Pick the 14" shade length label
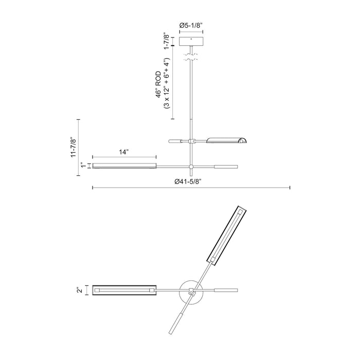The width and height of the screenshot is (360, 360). (123, 152)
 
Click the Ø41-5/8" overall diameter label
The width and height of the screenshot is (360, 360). (191, 181)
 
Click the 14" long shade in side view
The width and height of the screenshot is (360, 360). (124, 166)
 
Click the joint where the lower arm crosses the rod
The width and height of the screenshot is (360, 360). (191, 166)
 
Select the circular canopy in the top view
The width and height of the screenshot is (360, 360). (191, 291)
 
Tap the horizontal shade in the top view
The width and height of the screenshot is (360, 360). (124, 291)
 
